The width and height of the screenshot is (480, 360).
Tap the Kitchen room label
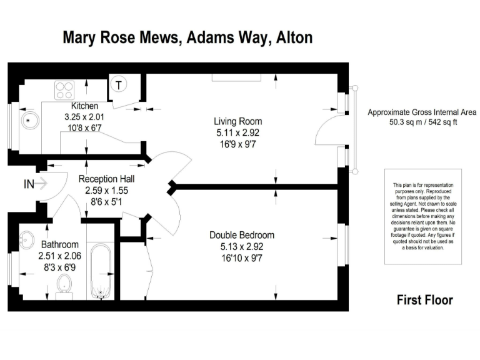tap(86, 106)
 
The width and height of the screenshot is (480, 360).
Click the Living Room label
tap(237, 121)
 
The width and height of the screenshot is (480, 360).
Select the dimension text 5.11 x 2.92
tap(237, 132)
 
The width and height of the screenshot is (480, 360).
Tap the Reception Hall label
tap(106, 179)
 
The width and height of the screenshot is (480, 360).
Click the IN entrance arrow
tap(35, 184)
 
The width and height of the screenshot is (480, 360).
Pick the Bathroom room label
tap(60, 244)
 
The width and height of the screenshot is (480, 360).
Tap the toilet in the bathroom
tap(64, 286)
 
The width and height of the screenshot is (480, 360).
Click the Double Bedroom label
tap(242, 235)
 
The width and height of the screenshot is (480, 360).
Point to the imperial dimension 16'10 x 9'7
tap(242, 257)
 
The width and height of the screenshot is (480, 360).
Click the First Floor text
tap(424, 300)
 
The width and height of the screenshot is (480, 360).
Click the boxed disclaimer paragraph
tap(422, 216)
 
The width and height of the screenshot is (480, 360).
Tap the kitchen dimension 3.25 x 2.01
tap(86, 117)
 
